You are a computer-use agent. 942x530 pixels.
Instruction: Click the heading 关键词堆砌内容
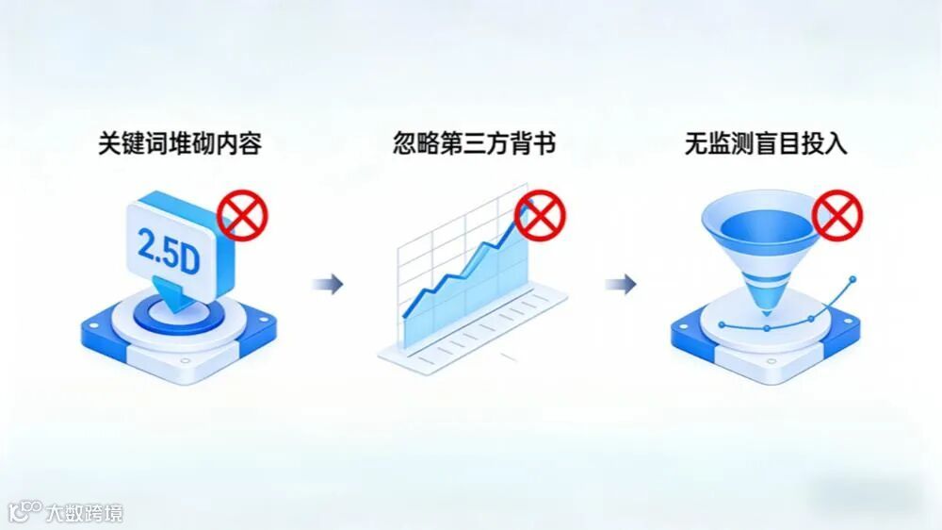pyautogui.click(x=180, y=144)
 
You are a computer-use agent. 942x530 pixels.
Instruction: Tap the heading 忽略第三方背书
pyautogui.click(x=474, y=144)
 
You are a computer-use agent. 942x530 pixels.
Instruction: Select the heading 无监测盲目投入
pyautogui.click(x=766, y=144)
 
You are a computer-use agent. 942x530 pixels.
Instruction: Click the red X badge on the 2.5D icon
pyautogui.click(x=242, y=217)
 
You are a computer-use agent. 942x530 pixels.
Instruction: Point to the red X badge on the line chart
pyautogui.click(x=539, y=217)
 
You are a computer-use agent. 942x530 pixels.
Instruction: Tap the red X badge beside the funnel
pyautogui.click(x=836, y=217)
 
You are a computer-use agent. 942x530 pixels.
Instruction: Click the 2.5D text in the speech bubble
pyautogui.click(x=169, y=250)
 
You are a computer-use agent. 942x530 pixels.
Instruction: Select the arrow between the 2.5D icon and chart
pyautogui.click(x=327, y=284)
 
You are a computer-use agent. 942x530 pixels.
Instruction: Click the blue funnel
pyautogui.click(x=761, y=240)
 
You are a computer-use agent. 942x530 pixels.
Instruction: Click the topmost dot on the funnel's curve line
pyautogui.click(x=853, y=280)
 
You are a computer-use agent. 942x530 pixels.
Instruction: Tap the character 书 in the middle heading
pyautogui.click(x=544, y=144)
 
